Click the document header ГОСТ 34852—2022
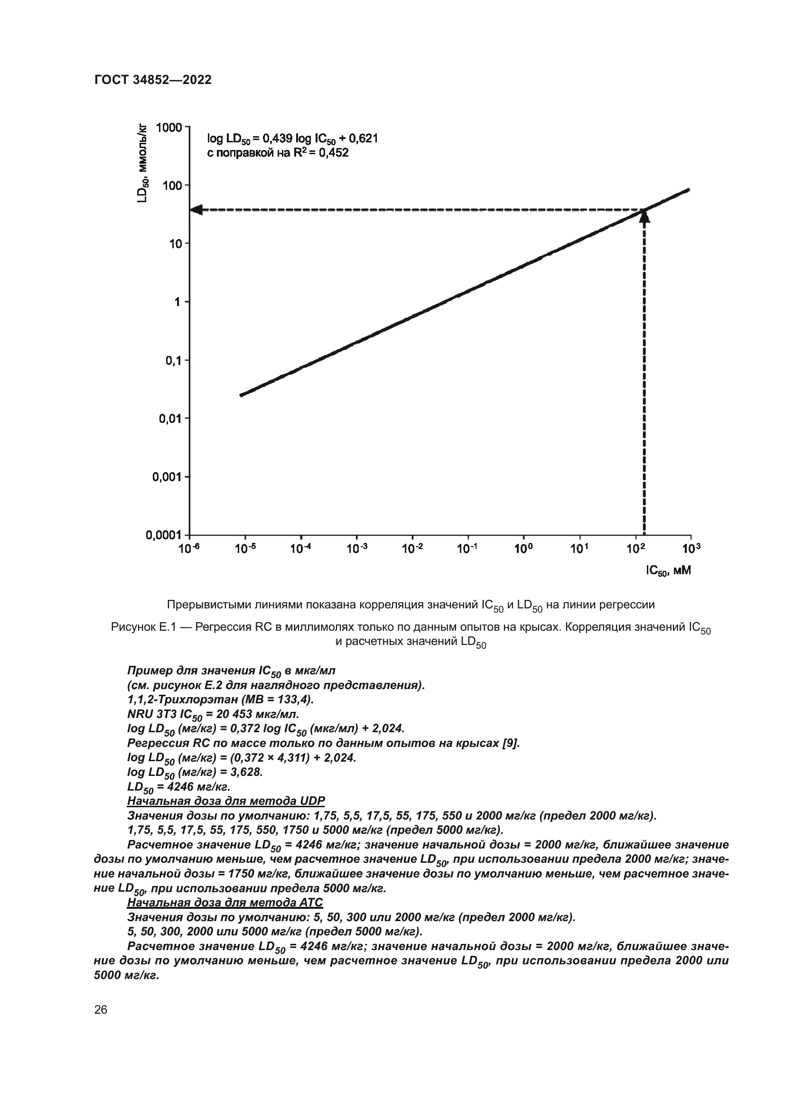point(153,80)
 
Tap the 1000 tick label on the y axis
point(168,128)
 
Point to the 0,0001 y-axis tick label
point(163,535)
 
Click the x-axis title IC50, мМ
point(669,571)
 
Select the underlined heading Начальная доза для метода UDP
point(226,801)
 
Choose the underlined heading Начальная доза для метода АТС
point(225,902)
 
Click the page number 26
point(101,1009)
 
